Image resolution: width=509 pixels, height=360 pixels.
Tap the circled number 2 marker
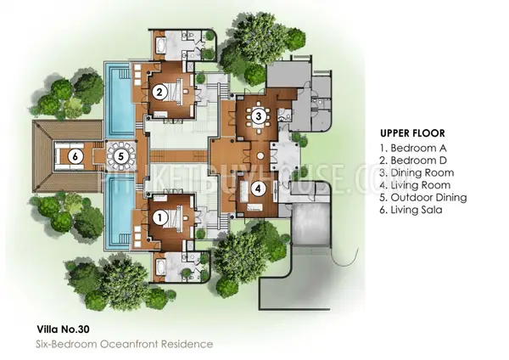(x=159, y=93)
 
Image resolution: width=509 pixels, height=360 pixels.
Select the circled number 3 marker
(x=259, y=116)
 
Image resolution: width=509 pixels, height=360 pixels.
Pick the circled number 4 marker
(x=258, y=188)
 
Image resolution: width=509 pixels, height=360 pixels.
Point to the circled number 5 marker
(x=121, y=156)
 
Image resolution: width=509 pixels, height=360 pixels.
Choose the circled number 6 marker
(x=76, y=156)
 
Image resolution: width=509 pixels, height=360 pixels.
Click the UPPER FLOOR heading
(x=412, y=133)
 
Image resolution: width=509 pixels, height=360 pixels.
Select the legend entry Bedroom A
(x=413, y=148)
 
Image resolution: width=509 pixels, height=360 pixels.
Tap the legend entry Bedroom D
(x=413, y=160)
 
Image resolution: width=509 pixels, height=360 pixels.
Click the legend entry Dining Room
(x=417, y=173)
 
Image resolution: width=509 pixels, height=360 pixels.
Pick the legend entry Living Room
(x=415, y=185)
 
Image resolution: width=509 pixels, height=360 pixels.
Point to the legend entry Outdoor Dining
(x=423, y=198)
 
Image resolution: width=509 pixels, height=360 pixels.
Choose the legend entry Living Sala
(x=411, y=210)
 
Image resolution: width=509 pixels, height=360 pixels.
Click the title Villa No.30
(x=63, y=329)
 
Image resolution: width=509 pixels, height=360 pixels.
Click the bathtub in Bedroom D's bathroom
(x=160, y=45)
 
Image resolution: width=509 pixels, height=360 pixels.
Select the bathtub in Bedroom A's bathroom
(x=160, y=267)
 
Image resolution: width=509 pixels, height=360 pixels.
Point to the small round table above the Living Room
(x=260, y=156)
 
